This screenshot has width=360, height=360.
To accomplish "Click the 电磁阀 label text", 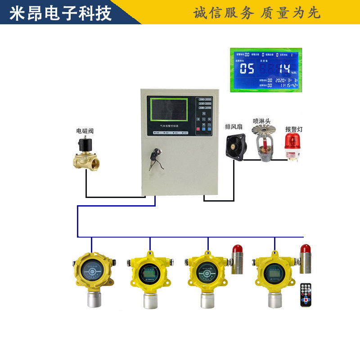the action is (x=85, y=130).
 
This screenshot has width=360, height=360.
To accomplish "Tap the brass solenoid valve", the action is (x=87, y=156).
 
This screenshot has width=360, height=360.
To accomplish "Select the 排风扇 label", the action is (x=234, y=127).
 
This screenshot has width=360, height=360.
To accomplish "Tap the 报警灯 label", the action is (x=294, y=129).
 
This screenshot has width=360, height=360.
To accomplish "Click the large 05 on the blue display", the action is (x=247, y=69).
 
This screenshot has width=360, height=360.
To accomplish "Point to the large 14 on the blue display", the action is (x=284, y=69).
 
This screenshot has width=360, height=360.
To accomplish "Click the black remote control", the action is (x=306, y=294).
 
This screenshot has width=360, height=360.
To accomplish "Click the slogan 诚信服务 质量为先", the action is (x=257, y=13).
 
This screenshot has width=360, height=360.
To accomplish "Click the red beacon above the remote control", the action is (x=305, y=249).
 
